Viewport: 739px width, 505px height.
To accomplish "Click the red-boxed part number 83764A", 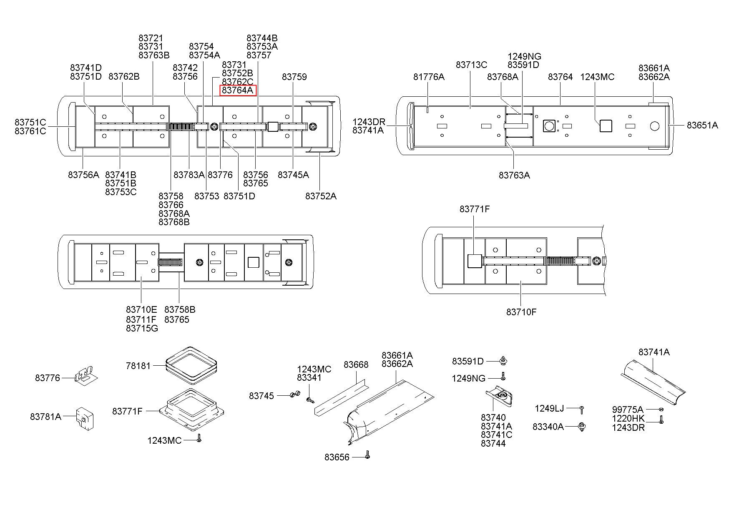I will [x=237, y=90].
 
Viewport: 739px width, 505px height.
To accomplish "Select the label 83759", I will [x=294, y=77].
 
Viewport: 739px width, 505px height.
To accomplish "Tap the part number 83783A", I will [x=189, y=175].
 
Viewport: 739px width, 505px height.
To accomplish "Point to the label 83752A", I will [x=320, y=196].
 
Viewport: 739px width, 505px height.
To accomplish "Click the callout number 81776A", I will [x=429, y=77].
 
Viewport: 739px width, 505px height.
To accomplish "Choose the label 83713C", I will [x=471, y=65].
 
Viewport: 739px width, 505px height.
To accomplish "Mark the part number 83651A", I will [x=702, y=125].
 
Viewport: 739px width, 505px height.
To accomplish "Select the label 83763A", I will [x=514, y=176].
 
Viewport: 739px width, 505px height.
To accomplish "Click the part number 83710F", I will [x=521, y=312].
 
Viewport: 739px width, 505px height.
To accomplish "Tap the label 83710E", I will [x=141, y=310].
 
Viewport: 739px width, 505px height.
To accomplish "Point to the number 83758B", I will [x=180, y=310].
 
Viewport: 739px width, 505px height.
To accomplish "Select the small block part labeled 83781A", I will [x=85, y=418].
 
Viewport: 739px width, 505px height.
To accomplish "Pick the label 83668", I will [x=356, y=365].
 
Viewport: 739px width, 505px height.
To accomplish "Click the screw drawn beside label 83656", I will [x=367, y=455].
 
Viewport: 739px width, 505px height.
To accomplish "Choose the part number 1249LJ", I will [x=549, y=409].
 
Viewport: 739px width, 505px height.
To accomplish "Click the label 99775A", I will [x=628, y=410].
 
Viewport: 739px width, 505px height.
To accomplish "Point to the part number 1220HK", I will [x=628, y=419].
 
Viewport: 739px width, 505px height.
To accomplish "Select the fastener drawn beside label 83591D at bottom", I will [x=503, y=360].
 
